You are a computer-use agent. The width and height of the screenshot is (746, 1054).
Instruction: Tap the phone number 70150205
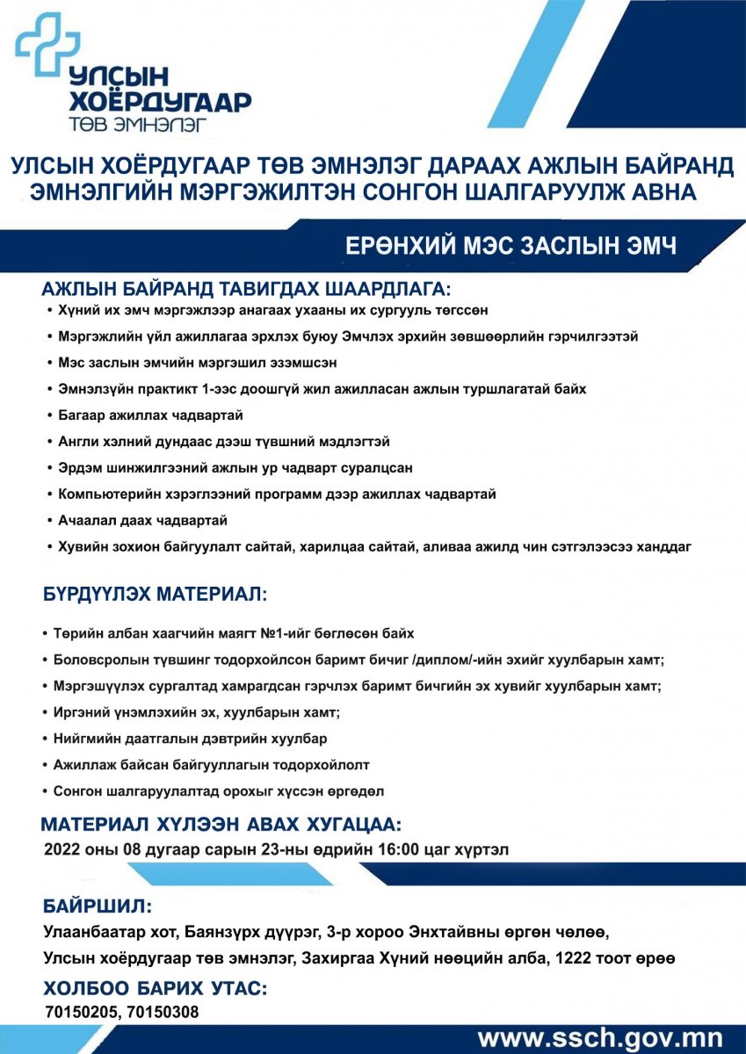(81, 1013)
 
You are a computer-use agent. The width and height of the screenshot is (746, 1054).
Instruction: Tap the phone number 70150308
(163, 1013)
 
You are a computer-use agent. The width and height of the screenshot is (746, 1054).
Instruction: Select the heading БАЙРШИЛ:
(98, 906)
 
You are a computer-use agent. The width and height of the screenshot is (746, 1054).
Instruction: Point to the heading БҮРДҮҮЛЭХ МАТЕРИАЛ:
(155, 595)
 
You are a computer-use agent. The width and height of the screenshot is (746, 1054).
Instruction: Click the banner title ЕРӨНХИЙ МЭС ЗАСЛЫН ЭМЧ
(511, 247)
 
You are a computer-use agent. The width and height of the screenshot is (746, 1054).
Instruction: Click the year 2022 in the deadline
(62, 849)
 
